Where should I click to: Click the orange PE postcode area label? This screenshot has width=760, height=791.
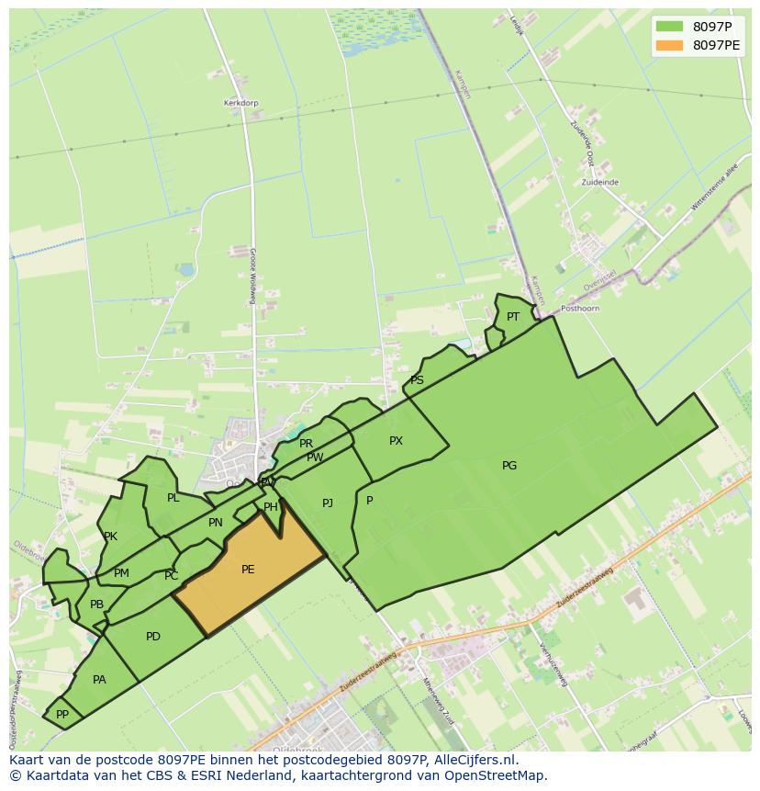click(x=248, y=570)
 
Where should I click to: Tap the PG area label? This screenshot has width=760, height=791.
click(x=509, y=466)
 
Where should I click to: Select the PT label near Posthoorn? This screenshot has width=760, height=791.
click(x=513, y=317)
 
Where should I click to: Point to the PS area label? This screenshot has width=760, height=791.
click(x=417, y=380)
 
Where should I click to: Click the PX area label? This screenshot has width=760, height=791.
click(x=396, y=441)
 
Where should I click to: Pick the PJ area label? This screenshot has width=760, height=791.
click(x=328, y=503)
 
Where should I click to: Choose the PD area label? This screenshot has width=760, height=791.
click(x=153, y=637)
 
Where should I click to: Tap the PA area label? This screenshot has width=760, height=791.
click(x=99, y=680)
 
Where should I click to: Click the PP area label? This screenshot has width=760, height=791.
click(x=62, y=714)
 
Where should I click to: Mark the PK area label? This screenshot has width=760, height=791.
click(x=110, y=537)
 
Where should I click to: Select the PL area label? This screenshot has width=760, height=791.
click(x=173, y=498)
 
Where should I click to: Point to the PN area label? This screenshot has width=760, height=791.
click(x=216, y=523)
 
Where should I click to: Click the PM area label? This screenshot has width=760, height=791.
click(x=121, y=573)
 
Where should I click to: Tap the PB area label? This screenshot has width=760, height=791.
click(x=96, y=605)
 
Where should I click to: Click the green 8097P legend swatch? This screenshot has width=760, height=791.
click(x=670, y=27)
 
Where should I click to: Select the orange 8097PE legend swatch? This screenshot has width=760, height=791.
click(x=670, y=45)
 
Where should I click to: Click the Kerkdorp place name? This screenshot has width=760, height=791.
click(x=240, y=103)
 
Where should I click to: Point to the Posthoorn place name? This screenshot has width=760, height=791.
click(x=580, y=309)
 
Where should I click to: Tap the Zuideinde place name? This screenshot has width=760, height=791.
click(x=599, y=183)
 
